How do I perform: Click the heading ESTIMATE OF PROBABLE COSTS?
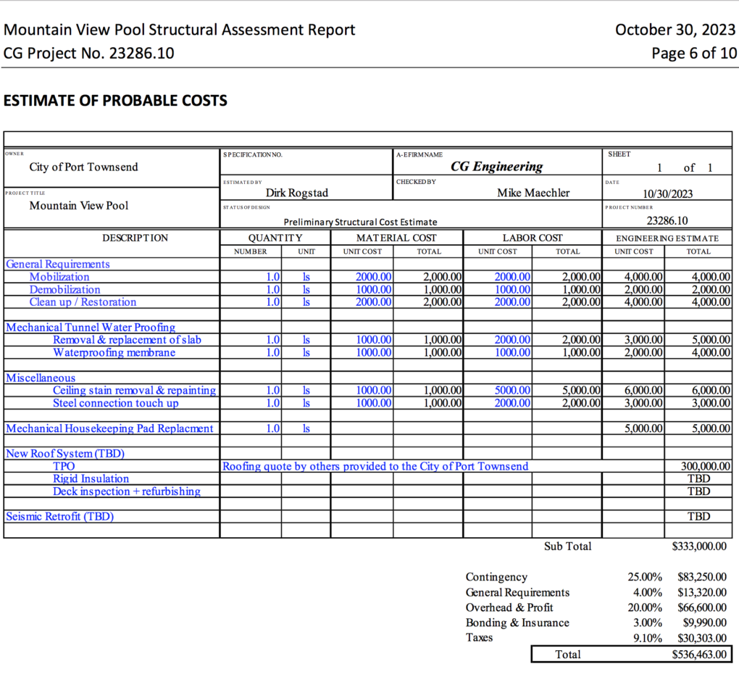pyautogui.click(x=115, y=101)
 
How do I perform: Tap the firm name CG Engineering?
pyautogui.click(x=496, y=167)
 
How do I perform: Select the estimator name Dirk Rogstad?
pyautogui.click(x=297, y=193)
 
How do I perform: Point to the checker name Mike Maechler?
pyautogui.click(x=533, y=193)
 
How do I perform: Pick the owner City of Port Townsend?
pyautogui.click(x=83, y=167)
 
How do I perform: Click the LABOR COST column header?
pyautogui.click(x=533, y=238)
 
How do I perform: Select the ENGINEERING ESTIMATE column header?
pyautogui.click(x=667, y=238)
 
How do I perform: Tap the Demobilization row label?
pyautogui.click(x=64, y=289)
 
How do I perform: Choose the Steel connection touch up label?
pyautogui.click(x=115, y=403)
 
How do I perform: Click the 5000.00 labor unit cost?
pyautogui.click(x=512, y=390)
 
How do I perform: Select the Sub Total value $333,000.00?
pyautogui.click(x=699, y=547)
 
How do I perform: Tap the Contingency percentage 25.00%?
pyautogui.click(x=644, y=577)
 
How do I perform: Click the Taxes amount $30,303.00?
pyautogui.click(x=701, y=638)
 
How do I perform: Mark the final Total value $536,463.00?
pyautogui.click(x=699, y=655)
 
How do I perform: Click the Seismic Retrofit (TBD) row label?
pyautogui.click(x=59, y=517)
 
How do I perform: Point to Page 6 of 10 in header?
pyautogui.click(x=694, y=53)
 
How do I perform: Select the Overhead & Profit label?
pyautogui.click(x=509, y=607)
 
